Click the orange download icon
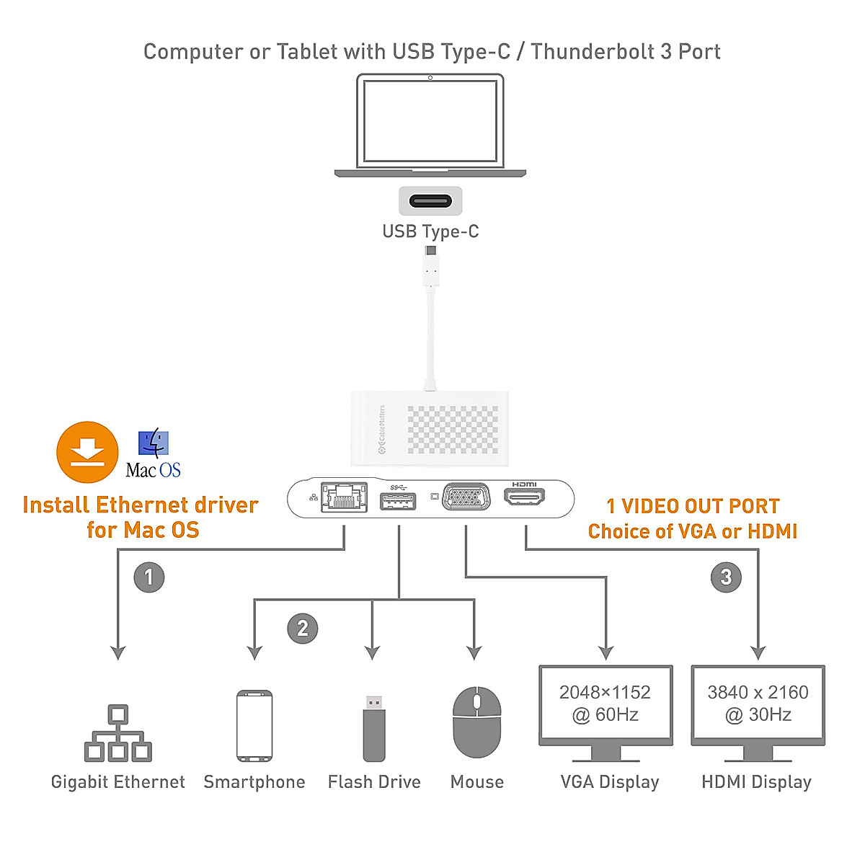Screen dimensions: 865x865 [87, 453]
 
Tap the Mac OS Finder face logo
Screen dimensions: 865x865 [153, 443]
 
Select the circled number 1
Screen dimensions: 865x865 [149, 577]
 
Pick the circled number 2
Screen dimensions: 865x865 [303, 629]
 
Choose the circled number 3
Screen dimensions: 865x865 [726, 577]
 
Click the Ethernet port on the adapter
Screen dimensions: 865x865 [345, 497]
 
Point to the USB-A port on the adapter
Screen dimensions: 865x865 [398, 500]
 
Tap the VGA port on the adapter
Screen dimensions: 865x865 [466, 497]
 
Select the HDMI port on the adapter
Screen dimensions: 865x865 [524, 496]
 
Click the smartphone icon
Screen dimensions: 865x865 [254, 726]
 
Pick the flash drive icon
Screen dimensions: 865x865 [373, 728]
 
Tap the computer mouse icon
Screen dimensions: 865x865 [476, 722]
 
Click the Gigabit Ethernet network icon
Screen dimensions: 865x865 [118, 734]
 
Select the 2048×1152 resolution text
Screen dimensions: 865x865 [605, 692]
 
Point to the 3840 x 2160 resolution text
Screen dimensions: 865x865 [758, 692]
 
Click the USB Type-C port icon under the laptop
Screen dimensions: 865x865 [430, 200]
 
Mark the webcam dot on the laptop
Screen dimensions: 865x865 [430, 78]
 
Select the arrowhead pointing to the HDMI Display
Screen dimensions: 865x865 [758, 652]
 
